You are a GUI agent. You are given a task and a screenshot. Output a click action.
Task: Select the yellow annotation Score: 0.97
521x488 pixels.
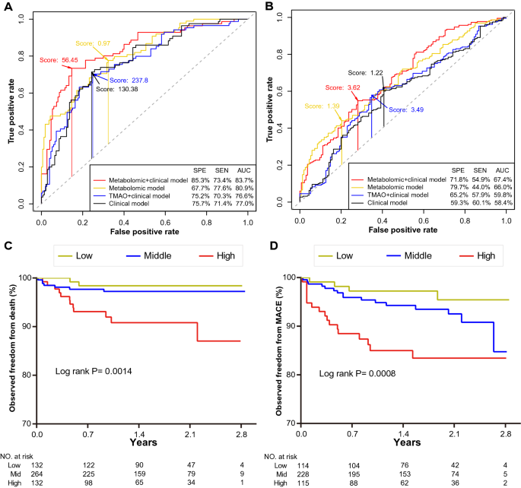coord(92,44)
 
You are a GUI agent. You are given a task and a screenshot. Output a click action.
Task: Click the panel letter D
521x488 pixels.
coord(274,247)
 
